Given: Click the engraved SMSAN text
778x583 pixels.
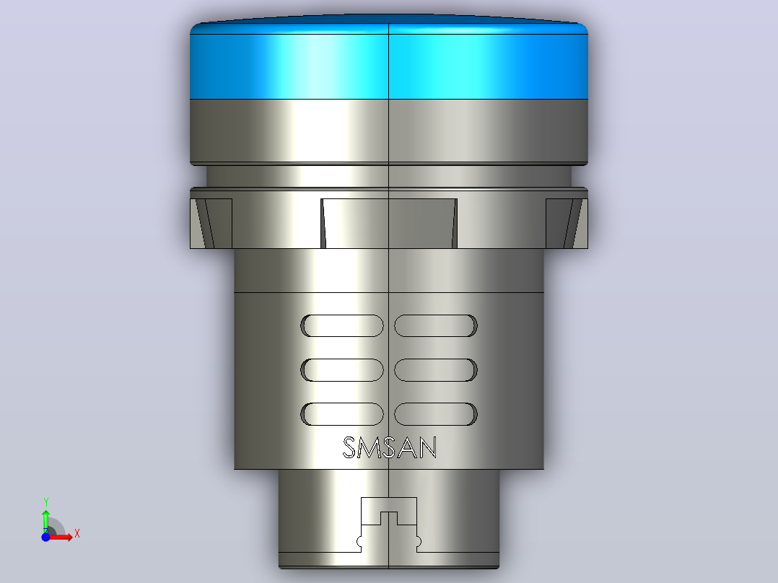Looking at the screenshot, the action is pos(390,447).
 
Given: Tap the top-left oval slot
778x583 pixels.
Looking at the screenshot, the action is pos(342,325).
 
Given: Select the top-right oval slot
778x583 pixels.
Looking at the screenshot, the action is pos(436,325).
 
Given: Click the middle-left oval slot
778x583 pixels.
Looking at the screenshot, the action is pos(342,369).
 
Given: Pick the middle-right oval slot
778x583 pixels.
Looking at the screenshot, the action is pos(436,369).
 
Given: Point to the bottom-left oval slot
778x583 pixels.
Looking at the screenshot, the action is pos(342,414).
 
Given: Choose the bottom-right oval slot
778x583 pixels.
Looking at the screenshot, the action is pos(436,414).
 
